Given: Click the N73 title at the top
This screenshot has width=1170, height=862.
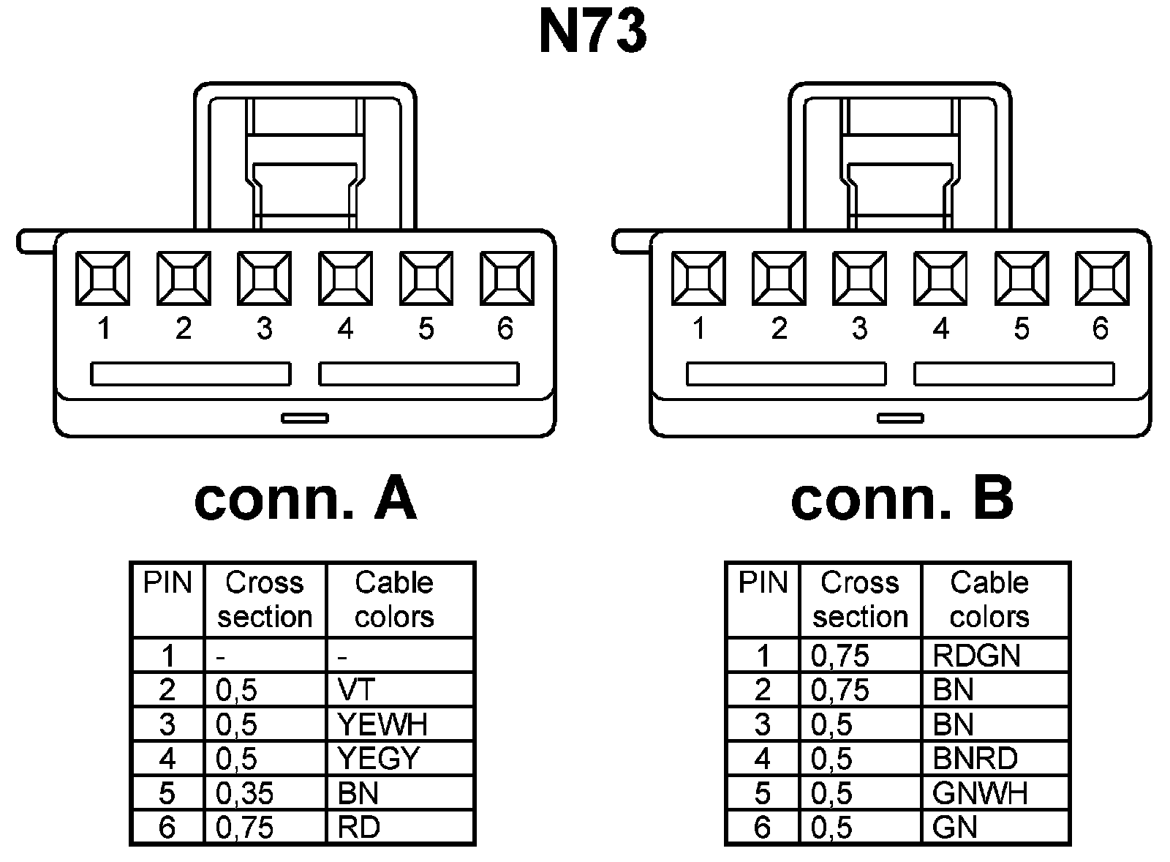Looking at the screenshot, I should (x=592, y=33).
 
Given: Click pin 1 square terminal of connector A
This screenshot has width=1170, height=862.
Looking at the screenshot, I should (x=103, y=278).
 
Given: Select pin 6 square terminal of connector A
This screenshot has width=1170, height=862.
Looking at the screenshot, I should (x=507, y=278).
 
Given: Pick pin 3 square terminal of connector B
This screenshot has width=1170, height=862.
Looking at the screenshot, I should (x=860, y=278).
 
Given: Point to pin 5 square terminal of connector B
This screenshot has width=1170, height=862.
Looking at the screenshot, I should (x=1022, y=278).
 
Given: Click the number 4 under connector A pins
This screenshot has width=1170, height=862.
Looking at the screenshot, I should (x=345, y=329).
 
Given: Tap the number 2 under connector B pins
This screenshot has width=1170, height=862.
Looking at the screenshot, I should (x=779, y=329).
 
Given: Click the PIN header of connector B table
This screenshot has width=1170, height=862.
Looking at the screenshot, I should (x=763, y=583).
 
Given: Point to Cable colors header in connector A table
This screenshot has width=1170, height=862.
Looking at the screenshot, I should (x=394, y=599).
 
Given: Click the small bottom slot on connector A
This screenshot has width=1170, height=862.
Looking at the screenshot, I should (x=305, y=418).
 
